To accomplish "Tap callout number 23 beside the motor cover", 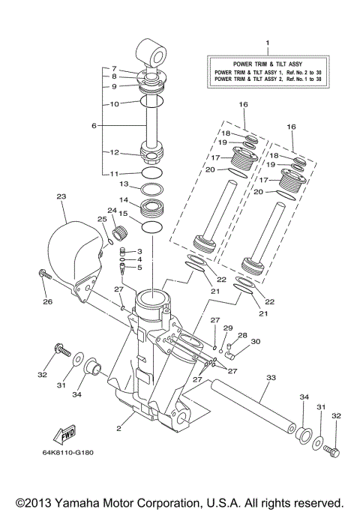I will (x=61, y=197).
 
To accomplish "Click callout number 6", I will (x=94, y=126).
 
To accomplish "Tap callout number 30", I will (x=255, y=341).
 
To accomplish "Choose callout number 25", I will (x=101, y=219).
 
